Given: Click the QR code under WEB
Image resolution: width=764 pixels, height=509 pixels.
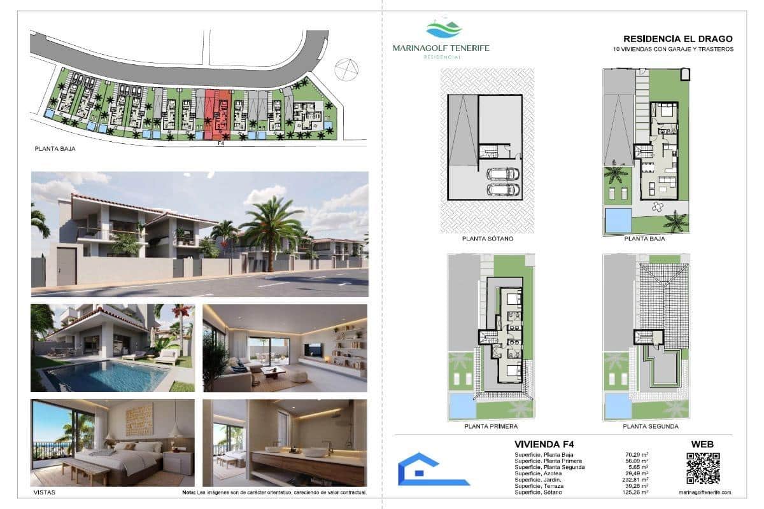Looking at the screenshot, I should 702,468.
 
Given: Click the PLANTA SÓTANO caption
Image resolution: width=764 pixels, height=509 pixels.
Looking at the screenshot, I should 488,239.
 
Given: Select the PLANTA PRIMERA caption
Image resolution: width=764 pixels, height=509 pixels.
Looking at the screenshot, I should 490,426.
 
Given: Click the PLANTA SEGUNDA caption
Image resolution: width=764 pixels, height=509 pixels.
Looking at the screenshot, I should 647,426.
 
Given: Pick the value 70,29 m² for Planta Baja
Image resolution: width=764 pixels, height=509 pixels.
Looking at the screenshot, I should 637,455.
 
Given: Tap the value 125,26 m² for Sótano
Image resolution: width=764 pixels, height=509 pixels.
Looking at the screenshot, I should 637,492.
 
